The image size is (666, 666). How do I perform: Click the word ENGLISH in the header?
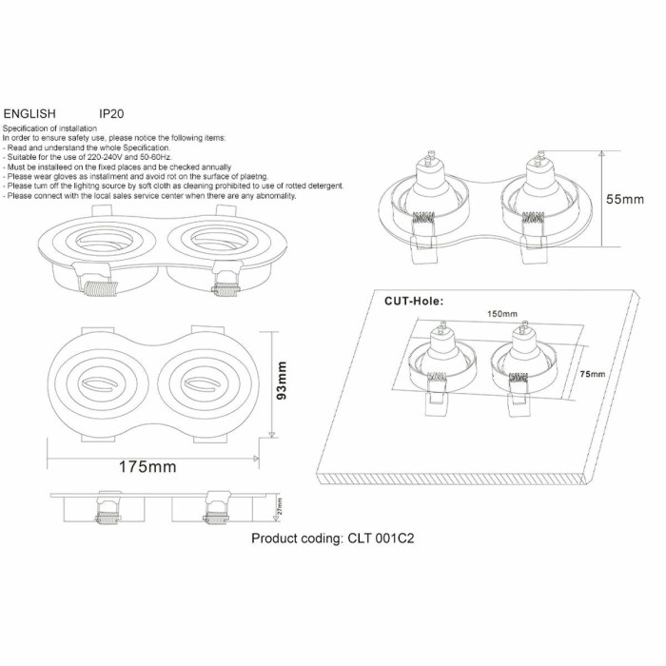click(x=29, y=112)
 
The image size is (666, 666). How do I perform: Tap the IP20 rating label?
click(x=111, y=112)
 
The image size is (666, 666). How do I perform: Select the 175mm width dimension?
click(x=147, y=467)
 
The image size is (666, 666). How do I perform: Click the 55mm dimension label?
click(x=625, y=200)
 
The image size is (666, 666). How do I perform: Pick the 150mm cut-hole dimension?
click(x=501, y=313)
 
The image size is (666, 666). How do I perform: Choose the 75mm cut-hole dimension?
click(x=592, y=374)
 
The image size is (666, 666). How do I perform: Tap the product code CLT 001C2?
click(x=332, y=538)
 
